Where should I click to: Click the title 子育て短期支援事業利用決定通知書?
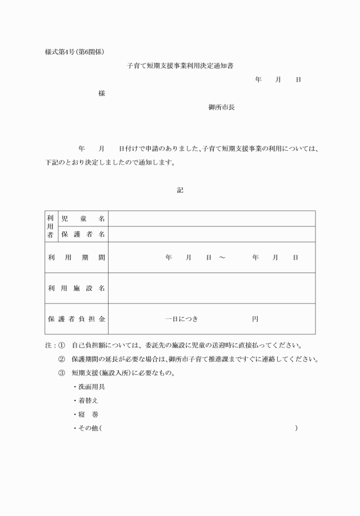180,66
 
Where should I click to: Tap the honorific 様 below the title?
101,93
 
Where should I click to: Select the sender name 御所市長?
222,107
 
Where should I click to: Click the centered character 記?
180,190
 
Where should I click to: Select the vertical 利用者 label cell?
50,226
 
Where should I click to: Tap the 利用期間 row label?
77,258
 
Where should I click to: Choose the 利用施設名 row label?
77,288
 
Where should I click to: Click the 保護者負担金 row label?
77,319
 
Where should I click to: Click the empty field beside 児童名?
211,219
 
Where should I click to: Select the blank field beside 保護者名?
211,234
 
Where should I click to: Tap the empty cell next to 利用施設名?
211,288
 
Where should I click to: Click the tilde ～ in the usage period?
222,258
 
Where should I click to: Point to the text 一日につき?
181,319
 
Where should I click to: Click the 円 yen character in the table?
255,319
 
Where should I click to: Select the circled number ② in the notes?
62,359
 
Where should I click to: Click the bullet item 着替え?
88,401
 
